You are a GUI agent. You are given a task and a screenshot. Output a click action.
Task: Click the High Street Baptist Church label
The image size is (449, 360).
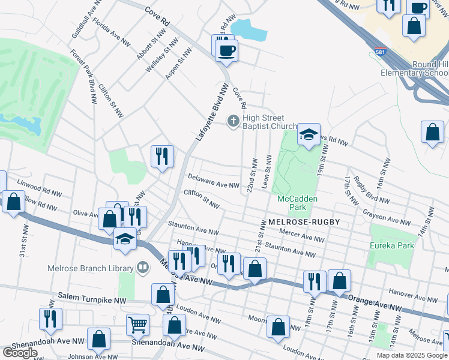tap(270, 122)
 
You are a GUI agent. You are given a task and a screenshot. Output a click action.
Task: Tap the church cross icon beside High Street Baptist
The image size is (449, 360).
tap(233, 122)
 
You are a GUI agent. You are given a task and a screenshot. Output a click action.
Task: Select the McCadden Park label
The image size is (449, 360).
tap(297, 203)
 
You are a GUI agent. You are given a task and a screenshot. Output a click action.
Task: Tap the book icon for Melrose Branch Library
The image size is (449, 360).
tap(143, 267)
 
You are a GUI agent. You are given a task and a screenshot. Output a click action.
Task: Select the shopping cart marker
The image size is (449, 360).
tap(137, 325)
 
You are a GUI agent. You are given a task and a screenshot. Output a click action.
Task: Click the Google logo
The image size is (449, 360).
tap(20, 353)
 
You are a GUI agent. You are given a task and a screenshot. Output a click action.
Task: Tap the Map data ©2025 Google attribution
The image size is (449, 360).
tap(411, 355)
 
